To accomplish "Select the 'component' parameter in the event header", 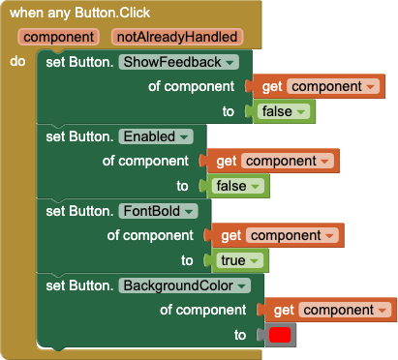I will point(58,38).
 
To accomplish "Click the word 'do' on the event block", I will point(17,61).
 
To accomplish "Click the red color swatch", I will point(280,335).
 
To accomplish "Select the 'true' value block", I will point(236,260).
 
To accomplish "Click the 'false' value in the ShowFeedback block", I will point(285,111).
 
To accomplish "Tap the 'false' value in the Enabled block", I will point(237,186).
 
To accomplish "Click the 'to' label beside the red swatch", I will point(240,335).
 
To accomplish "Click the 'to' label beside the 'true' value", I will point(187,260).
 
